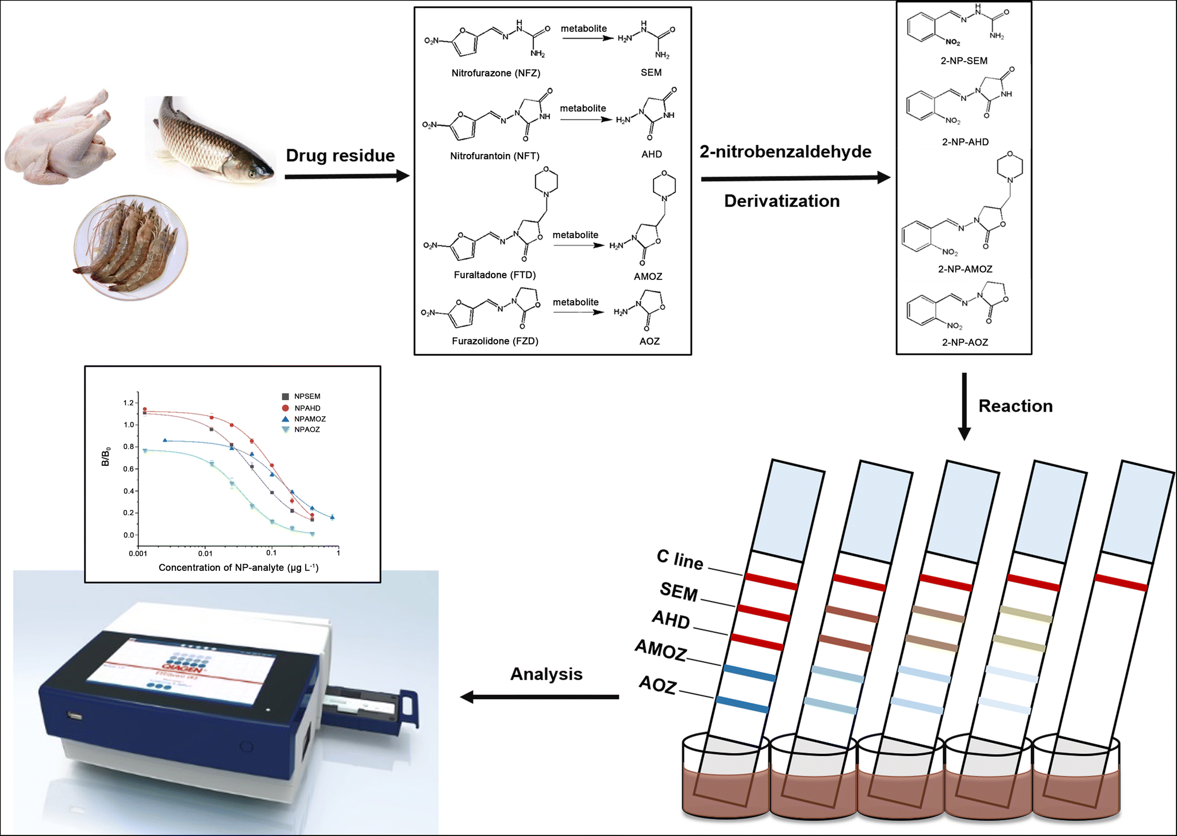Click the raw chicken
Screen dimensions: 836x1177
coord(60,138)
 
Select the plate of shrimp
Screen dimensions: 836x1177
coord(131,247)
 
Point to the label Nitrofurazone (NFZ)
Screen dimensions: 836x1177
coord(495,73)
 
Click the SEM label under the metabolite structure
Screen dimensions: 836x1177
coord(651,72)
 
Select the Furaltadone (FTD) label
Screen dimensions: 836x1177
coord(494,275)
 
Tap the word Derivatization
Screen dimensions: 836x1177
coord(782,201)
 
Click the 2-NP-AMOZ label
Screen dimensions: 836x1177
coord(965,269)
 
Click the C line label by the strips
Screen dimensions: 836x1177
coord(680,559)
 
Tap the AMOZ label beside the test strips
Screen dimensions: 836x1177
coord(661,650)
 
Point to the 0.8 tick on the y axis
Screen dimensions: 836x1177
coord(129,447)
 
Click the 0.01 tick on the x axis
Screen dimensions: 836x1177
coord(205,553)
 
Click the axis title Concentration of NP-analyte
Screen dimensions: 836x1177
coord(238,567)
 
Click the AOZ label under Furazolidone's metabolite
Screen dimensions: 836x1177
coord(649,341)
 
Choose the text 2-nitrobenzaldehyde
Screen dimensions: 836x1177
coord(785,152)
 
